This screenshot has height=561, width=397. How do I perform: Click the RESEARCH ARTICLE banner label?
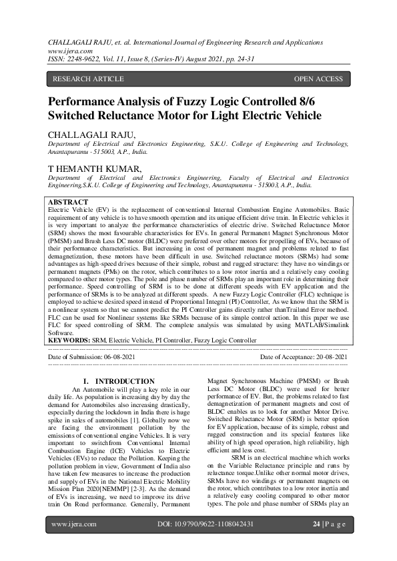(88, 79)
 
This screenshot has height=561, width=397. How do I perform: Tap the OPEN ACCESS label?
(318, 79)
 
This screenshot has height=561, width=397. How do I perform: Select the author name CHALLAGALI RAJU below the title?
(91, 135)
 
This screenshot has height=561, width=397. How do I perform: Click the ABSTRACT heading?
(68, 202)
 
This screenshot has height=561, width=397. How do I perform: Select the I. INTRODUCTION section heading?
(123, 381)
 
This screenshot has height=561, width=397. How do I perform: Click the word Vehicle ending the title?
(298, 115)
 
